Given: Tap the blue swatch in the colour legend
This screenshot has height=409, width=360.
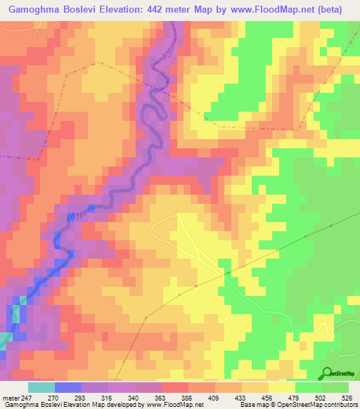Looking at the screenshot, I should click(x=67, y=387).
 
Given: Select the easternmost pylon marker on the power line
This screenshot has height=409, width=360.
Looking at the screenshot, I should click(x=330, y=226).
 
